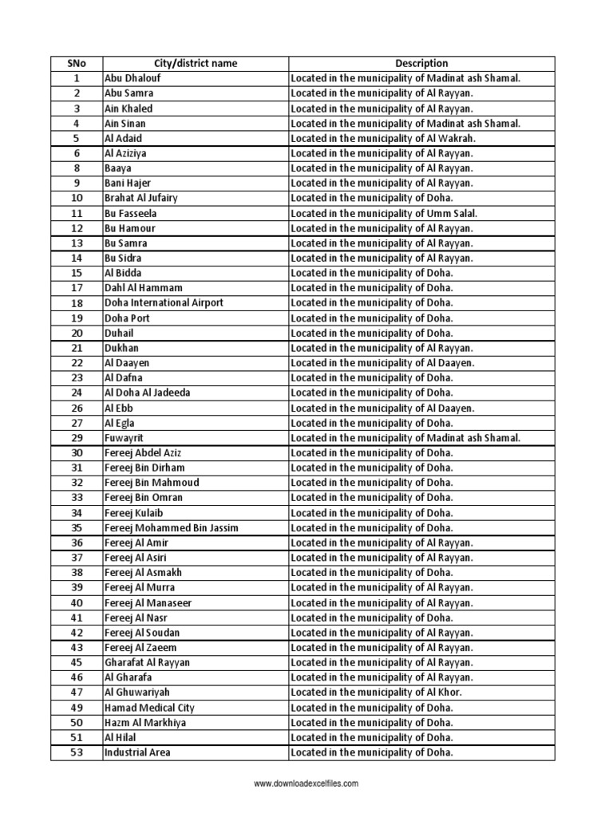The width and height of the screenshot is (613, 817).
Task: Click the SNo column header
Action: [77, 63]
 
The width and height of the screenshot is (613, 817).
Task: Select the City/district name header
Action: [195, 63]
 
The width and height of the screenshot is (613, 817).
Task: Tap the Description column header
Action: [421, 63]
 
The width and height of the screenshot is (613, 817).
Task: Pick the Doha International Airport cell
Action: [164, 303]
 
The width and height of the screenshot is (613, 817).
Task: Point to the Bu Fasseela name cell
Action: [131, 213]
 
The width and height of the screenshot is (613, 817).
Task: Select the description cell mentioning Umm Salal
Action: [384, 213]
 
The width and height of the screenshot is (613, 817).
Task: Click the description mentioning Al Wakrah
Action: [383, 138]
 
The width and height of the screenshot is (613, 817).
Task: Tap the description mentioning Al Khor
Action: [377, 693]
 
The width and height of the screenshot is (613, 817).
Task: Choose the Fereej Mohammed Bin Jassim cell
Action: [172, 528]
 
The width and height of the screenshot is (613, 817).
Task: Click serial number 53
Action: [77, 752]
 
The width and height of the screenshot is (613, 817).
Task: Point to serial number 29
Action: [77, 438]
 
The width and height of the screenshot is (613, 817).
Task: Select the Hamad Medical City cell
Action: [149, 708]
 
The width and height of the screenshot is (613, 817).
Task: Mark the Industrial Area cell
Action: [137, 752]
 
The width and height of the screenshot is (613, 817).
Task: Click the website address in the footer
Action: [306, 784]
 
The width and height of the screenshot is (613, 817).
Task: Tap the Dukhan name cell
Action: [121, 348]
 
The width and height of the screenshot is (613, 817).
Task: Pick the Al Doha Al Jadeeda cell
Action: [148, 393]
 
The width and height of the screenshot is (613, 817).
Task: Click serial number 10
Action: [77, 198]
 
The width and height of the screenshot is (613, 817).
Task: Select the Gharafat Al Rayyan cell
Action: [147, 662]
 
